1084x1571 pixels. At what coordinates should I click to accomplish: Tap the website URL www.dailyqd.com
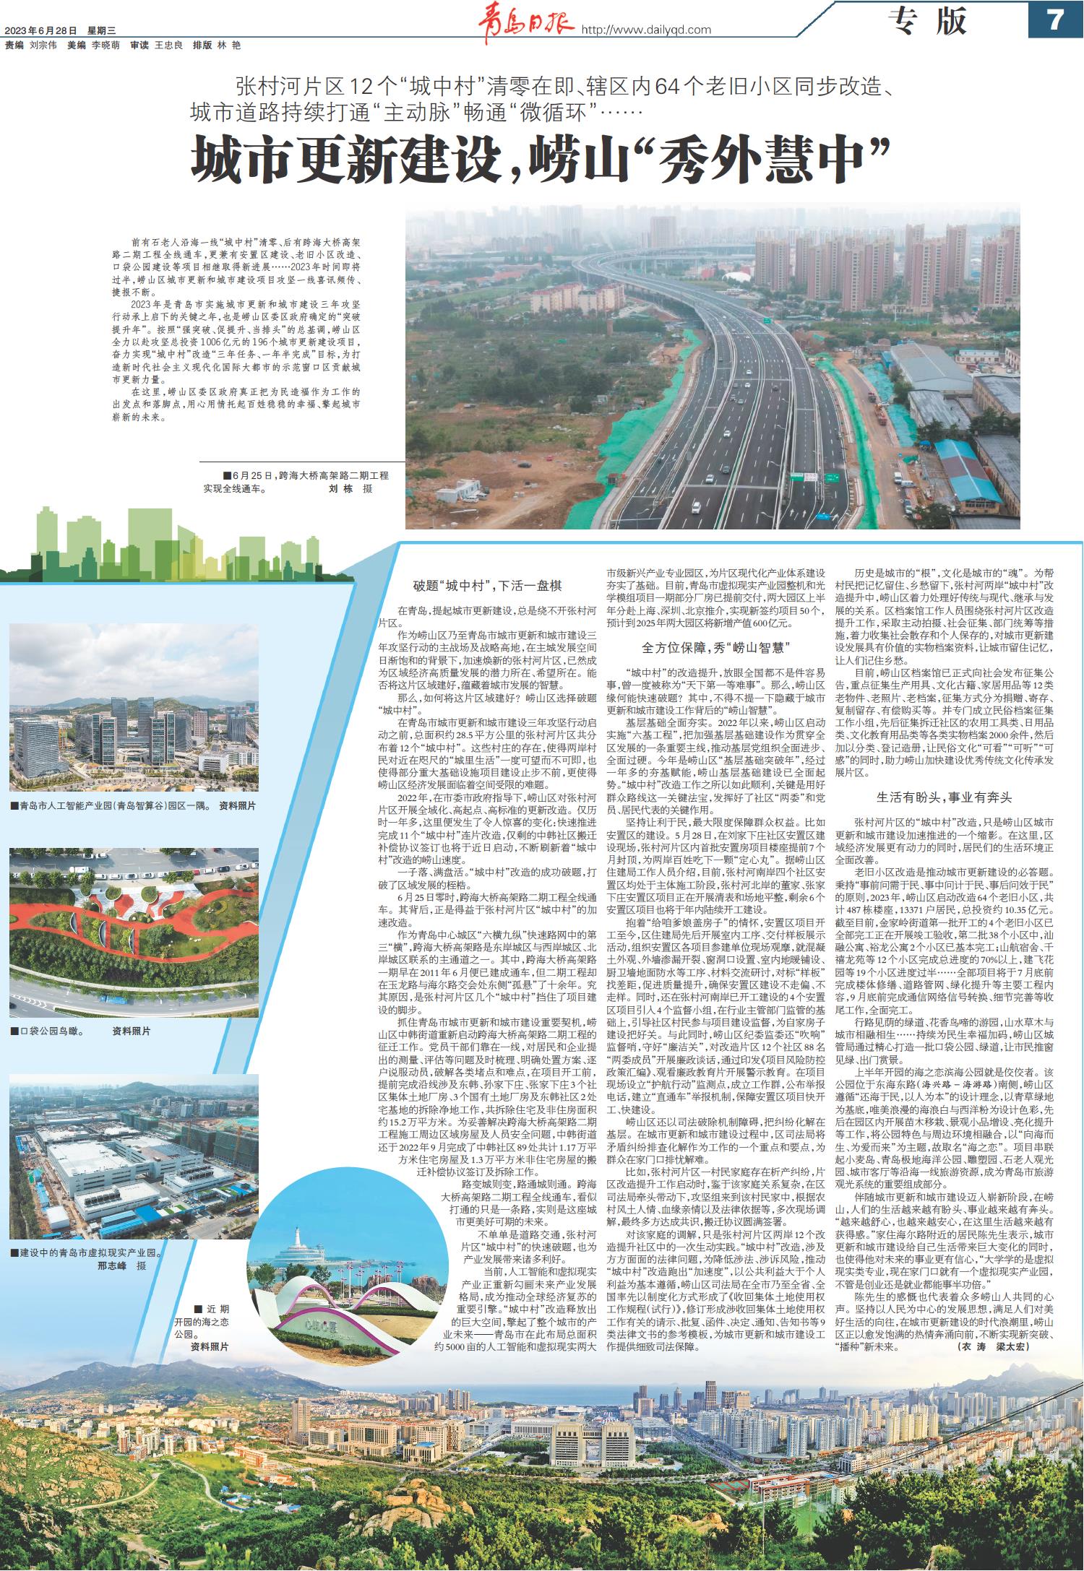click(x=647, y=30)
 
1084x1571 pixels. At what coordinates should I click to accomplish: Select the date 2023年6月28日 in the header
click(x=40, y=30)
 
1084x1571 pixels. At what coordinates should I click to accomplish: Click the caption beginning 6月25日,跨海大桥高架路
click(x=307, y=476)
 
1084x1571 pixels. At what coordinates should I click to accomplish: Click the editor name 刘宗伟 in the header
click(x=44, y=45)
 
